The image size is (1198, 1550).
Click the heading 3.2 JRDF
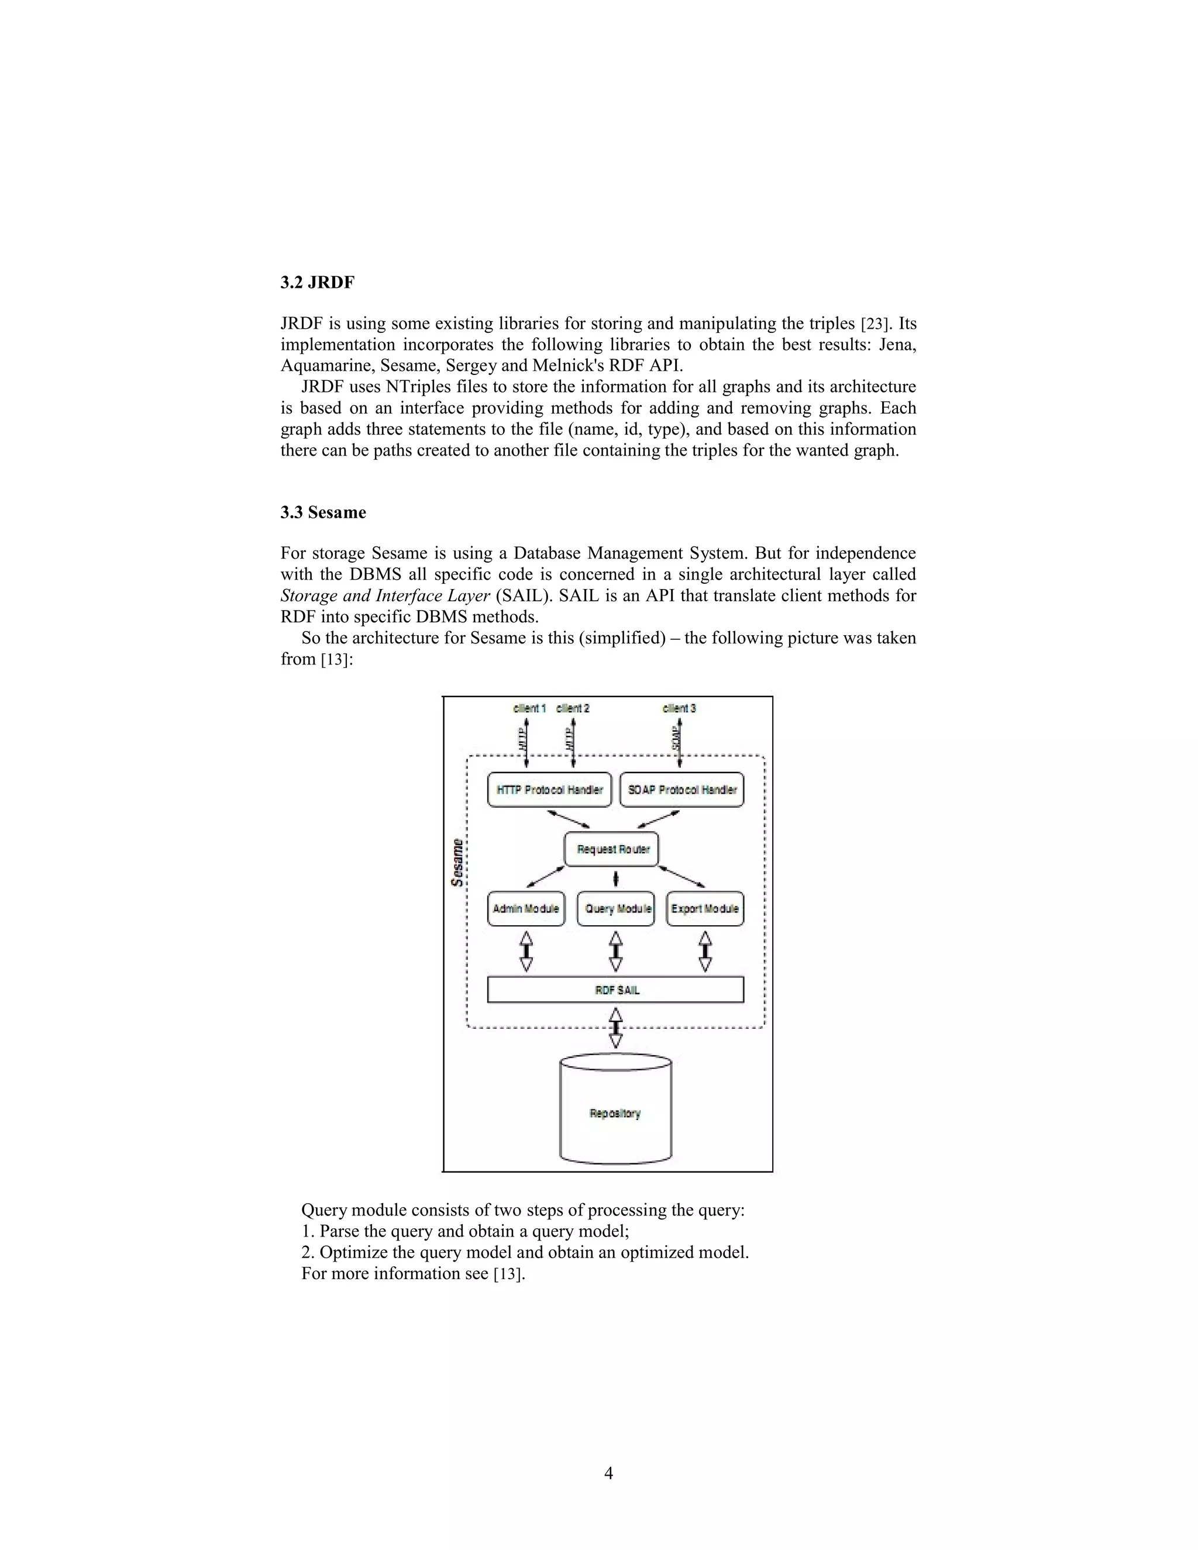pos(317,283)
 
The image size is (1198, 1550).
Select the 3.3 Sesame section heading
pos(323,512)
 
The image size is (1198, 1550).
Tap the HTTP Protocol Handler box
pos(549,790)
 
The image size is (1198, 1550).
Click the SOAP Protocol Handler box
pos(681,790)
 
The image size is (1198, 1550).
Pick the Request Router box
pos(612,849)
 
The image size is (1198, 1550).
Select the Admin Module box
pos(526,909)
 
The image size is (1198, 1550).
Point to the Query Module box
pos(615,909)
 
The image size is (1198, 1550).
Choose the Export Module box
pos(705,909)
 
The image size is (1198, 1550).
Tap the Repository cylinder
pos(615,1114)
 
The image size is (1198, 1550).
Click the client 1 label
pos(529,708)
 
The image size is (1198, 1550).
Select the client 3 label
pos(679,708)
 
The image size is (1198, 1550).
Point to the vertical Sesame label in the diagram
pos(458,862)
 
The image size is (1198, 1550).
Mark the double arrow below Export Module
pos(705,951)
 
